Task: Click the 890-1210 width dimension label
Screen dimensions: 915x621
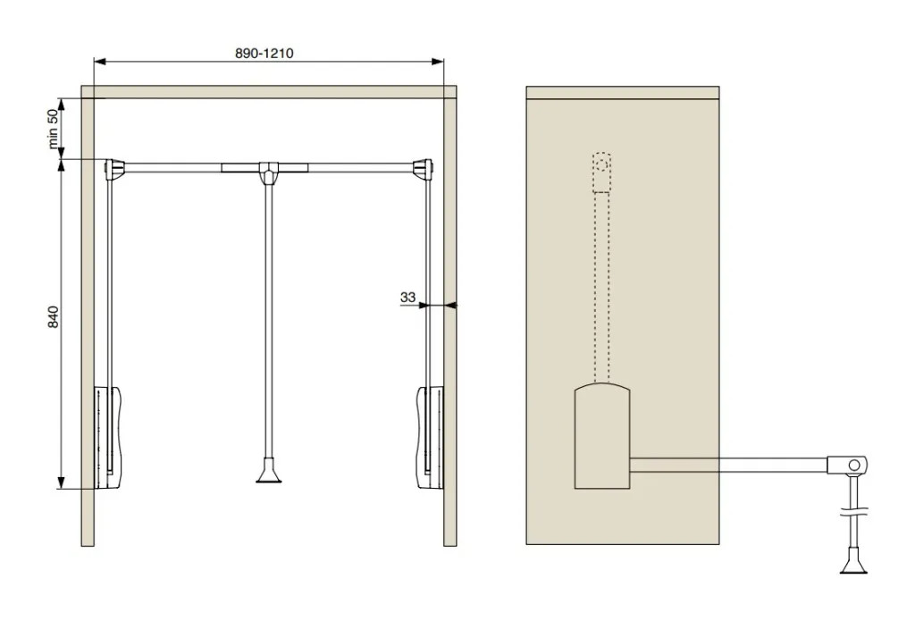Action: [264, 53]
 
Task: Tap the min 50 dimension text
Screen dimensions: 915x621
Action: [53, 129]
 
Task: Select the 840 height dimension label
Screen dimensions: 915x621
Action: [53, 316]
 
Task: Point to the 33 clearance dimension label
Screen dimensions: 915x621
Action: [407, 297]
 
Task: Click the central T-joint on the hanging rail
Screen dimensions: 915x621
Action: [268, 172]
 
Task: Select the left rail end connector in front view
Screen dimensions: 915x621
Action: [115, 168]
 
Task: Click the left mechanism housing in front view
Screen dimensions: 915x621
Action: [108, 437]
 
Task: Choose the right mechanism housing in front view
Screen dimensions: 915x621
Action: [430, 437]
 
